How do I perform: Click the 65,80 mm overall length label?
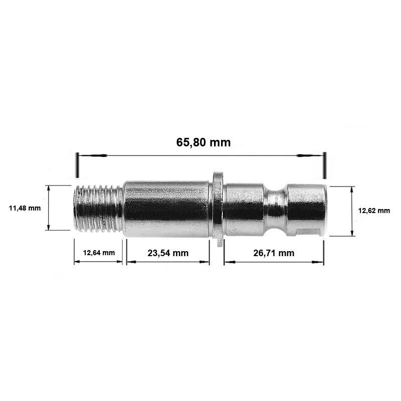pos(204,142)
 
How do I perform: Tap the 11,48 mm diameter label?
pos(25,208)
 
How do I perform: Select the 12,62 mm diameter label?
pos(374,211)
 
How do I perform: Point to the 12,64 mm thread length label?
pos(99,253)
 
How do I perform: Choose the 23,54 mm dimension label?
pos(168,253)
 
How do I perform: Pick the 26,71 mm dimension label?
pos(274,253)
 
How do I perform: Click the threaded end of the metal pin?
pos(98,209)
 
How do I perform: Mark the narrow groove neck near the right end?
pos(275,210)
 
